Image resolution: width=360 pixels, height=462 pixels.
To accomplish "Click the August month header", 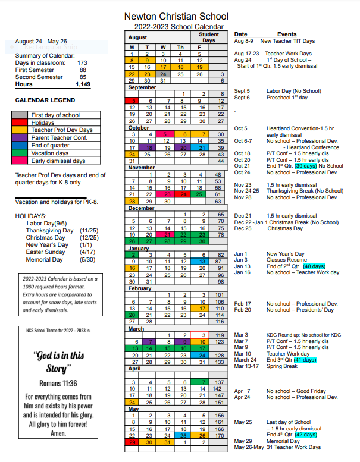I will [x=138, y=37].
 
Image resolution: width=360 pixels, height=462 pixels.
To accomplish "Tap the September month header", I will [x=143, y=87].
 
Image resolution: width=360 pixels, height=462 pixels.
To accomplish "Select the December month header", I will [x=142, y=208].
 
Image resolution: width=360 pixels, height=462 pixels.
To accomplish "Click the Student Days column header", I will [x=208, y=37].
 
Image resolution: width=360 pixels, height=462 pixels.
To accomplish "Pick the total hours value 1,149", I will [x=83, y=85].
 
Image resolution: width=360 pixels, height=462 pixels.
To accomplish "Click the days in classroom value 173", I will [x=82, y=62].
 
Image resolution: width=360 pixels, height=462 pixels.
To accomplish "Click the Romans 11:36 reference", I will [x=58, y=383].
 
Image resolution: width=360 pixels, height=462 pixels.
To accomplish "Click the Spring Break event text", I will [x=283, y=366].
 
